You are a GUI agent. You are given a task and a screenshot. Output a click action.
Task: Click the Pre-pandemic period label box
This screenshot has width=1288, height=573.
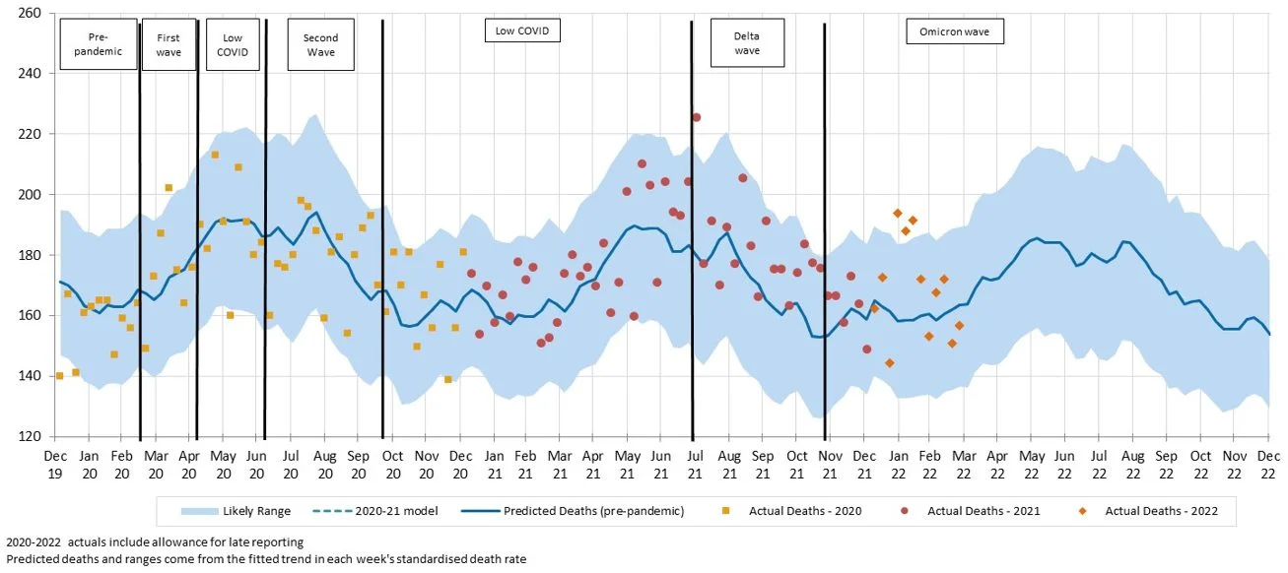click(98, 44)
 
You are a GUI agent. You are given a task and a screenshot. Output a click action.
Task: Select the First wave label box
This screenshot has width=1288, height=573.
click(169, 44)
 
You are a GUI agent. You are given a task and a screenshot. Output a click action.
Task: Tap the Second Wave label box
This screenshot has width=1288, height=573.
click(320, 44)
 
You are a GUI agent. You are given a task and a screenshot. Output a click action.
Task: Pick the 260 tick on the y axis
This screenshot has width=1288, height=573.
click(28, 13)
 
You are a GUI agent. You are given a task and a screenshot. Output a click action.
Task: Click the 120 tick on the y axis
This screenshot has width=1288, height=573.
click(28, 436)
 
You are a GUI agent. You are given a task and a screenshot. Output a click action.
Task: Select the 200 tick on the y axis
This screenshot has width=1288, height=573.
click(28, 194)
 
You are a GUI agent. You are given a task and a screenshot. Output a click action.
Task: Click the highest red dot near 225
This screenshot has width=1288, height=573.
click(696, 117)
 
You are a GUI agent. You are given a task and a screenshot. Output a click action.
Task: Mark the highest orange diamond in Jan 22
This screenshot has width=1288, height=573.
click(898, 213)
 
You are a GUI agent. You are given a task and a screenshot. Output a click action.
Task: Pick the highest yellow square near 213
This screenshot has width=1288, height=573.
click(215, 155)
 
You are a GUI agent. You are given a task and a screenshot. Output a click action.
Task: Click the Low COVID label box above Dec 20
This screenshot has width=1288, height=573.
click(522, 32)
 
